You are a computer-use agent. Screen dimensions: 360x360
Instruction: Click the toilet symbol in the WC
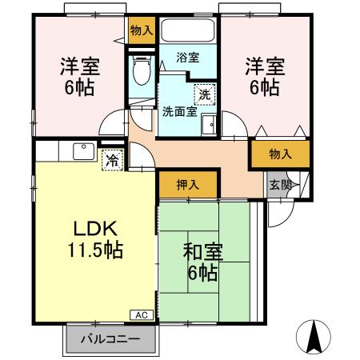point(142,70)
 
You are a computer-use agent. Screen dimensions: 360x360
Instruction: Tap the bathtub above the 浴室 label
point(188,34)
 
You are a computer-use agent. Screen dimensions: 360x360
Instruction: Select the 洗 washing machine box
point(206,94)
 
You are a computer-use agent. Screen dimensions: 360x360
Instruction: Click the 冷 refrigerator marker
point(112,158)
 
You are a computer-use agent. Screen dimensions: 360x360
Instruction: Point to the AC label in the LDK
point(141,315)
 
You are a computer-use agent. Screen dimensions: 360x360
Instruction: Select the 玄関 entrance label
point(279,186)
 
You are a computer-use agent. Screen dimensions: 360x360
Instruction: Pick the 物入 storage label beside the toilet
point(142,31)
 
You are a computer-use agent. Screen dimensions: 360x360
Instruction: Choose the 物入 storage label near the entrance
point(279,154)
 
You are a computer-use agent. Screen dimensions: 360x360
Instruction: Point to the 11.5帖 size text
point(94,250)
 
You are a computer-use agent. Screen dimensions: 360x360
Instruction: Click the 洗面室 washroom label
point(180,111)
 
